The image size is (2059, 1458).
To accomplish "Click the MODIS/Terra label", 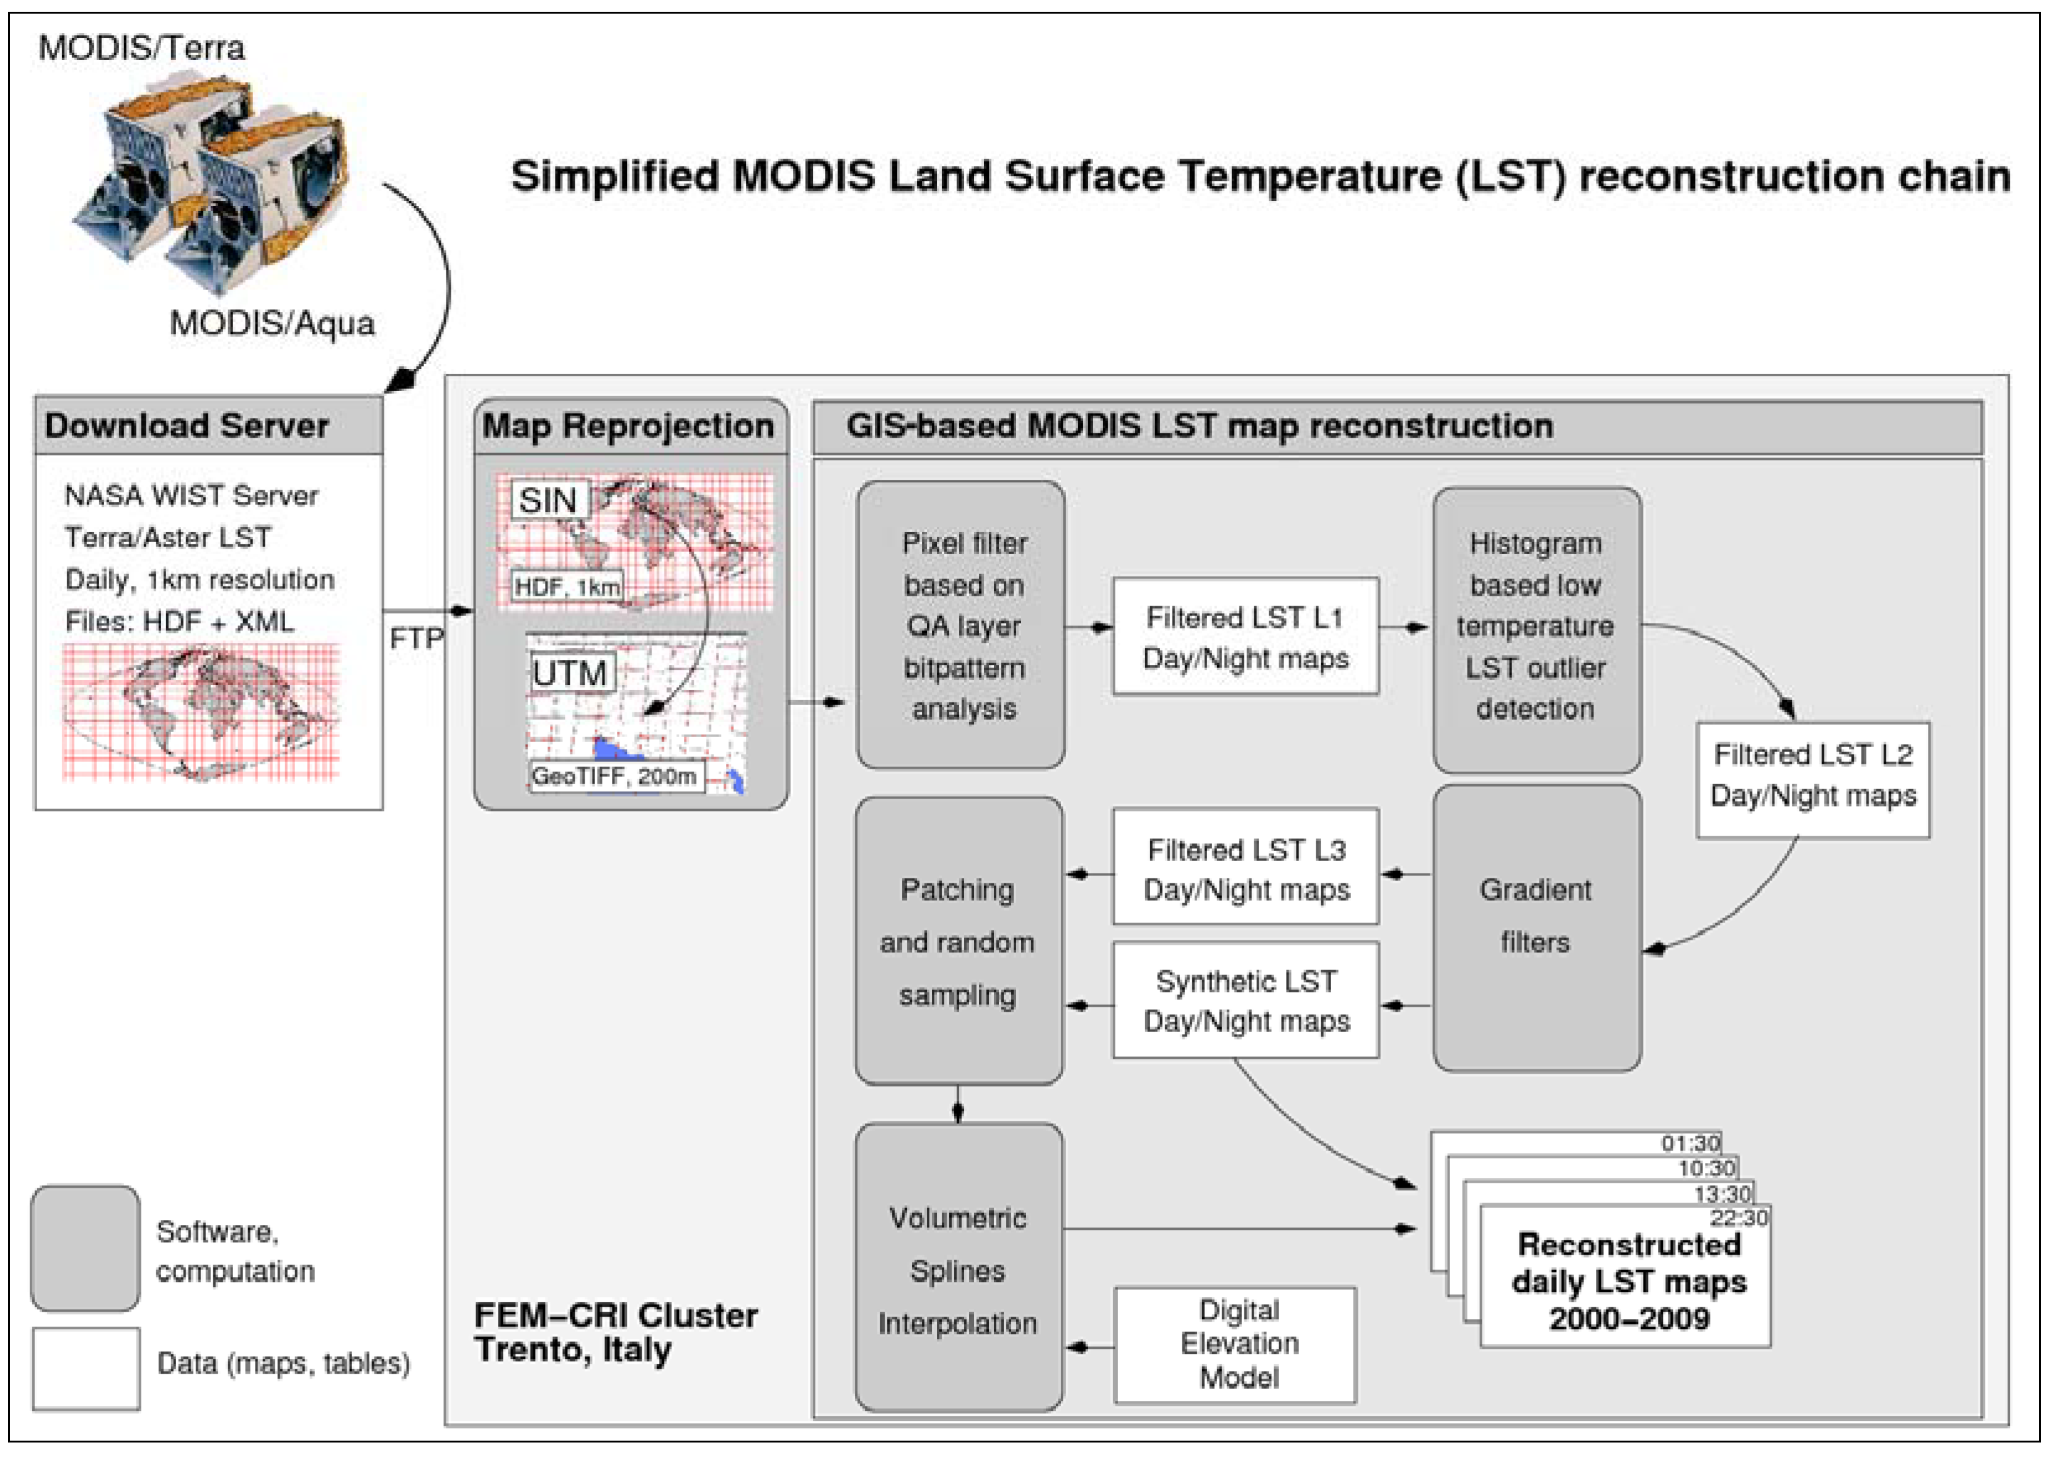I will click(x=141, y=48).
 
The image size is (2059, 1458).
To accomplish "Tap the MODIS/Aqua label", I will click(x=272, y=323).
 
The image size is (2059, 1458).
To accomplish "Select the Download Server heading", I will click(x=187, y=425).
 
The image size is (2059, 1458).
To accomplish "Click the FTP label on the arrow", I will click(x=417, y=638).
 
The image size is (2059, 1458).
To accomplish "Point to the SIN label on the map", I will click(x=547, y=500).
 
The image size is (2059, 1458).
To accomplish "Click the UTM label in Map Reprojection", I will click(x=569, y=673).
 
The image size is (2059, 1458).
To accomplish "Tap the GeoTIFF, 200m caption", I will click(x=614, y=775).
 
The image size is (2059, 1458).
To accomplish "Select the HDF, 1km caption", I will click(x=567, y=587).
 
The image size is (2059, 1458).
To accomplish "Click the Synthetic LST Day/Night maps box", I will click(x=1246, y=1000).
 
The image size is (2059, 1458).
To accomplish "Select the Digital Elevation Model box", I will click(x=1236, y=1344).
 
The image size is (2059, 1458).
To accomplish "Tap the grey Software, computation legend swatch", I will click(x=86, y=1248).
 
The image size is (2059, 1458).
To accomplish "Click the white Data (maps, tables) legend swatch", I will click(x=86, y=1368).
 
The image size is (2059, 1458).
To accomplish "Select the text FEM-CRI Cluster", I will click(x=615, y=1315).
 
